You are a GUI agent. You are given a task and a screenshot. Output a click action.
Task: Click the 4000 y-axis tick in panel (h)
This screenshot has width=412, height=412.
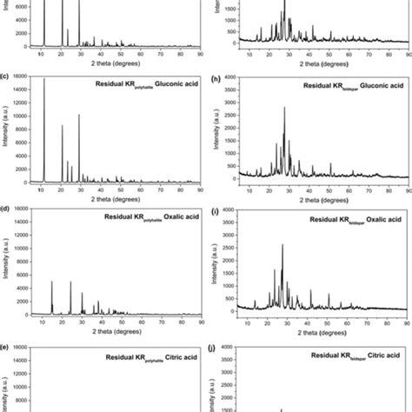coord(228,77)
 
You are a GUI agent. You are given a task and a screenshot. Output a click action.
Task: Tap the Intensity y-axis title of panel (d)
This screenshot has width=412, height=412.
coord(5,265)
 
